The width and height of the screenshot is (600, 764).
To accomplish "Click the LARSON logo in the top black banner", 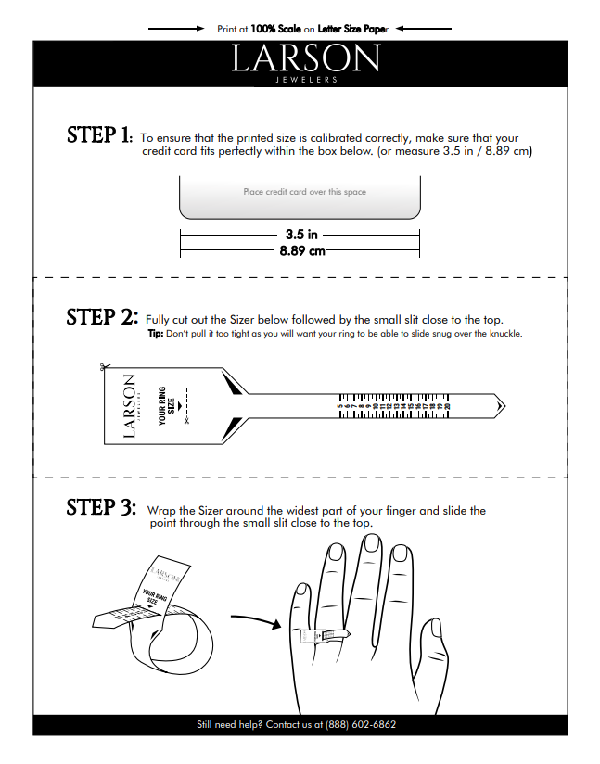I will pos(305,60).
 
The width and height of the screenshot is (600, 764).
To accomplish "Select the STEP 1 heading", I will pos(99,135).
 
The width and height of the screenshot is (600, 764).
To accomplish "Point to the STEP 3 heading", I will pos(101,508).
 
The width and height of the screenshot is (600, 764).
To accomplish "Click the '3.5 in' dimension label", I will pos(300,235).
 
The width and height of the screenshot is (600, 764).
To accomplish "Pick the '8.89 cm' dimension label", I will pos(300,251).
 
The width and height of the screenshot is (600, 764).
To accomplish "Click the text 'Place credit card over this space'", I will pos(304,192).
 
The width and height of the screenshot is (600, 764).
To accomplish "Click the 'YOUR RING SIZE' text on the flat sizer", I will pos(167,406).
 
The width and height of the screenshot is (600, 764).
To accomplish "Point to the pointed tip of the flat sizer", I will pos(502,405).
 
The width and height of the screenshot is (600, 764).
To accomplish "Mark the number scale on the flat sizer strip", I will pos(396,405).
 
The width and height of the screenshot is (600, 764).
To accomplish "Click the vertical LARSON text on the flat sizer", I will pos(129,406).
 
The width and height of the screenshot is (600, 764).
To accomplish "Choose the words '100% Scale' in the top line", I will pos(275,29).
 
